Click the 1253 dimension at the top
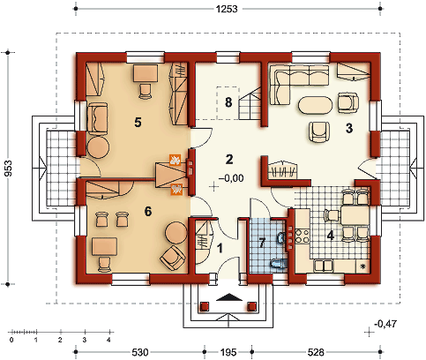[227, 9]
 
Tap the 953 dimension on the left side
[9, 169]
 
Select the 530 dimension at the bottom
[140, 352]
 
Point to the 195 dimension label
[228, 352]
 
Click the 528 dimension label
[316, 352]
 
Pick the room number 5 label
[138, 123]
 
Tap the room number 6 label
[148, 211]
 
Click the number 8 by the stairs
[228, 102]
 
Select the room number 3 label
[349, 128]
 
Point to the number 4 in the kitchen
[331, 236]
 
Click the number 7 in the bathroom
[262, 243]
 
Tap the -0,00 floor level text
[231, 178]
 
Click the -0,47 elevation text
[385, 324]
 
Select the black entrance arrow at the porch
[229, 297]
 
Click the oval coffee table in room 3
[316, 105]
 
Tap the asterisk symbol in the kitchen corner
[362, 266]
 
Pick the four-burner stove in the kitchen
[303, 236]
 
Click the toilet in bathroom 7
[278, 264]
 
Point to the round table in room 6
[176, 233]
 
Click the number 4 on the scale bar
[108, 340]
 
